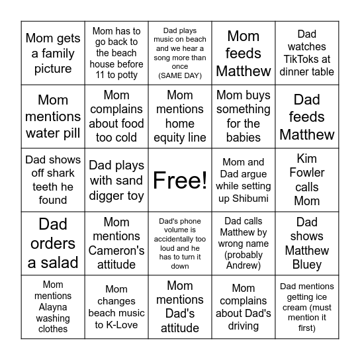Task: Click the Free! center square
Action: click(180, 180)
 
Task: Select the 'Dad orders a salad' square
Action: click(53, 243)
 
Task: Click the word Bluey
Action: click(306, 264)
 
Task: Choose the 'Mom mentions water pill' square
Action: click(53, 116)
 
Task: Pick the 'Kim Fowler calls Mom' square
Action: click(306, 180)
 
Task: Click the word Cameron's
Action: click(116, 251)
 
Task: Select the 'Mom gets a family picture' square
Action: click(53, 53)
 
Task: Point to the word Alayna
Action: click(53, 307)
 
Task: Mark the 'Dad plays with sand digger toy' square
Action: click(116, 180)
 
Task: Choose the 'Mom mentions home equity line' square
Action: click(180, 116)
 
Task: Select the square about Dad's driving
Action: click(244, 306)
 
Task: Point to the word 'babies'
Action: click(244, 138)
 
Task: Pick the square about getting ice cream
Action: click(306, 306)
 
